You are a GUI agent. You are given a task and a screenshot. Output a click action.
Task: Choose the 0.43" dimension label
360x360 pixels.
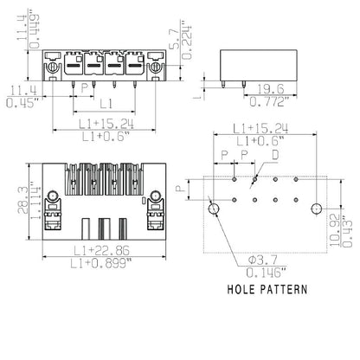[346, 222]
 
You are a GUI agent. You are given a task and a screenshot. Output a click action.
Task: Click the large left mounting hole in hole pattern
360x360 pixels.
[215, 208]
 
